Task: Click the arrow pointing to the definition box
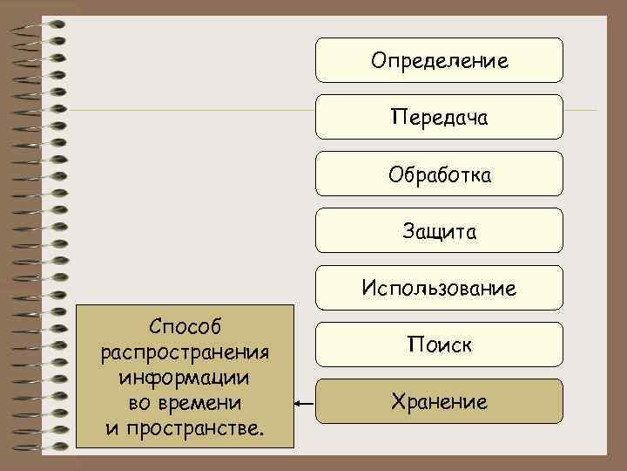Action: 304,404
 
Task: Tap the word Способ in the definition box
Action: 185,327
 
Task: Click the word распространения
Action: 185,352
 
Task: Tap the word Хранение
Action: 439,402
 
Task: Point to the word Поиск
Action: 439,345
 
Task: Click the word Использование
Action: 439,288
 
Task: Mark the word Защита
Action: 439,231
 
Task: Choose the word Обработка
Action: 439,175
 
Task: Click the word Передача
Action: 439,117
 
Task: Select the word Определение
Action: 439,61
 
